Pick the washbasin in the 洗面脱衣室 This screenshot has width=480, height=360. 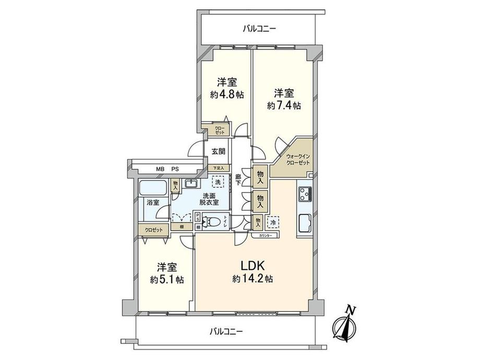pos(191,183)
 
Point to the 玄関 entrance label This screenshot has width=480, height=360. pos(219,152)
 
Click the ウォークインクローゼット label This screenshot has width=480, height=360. pos(297,160)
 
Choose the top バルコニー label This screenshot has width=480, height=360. pos(259,29)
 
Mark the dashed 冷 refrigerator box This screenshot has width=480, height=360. pos(273,222)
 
